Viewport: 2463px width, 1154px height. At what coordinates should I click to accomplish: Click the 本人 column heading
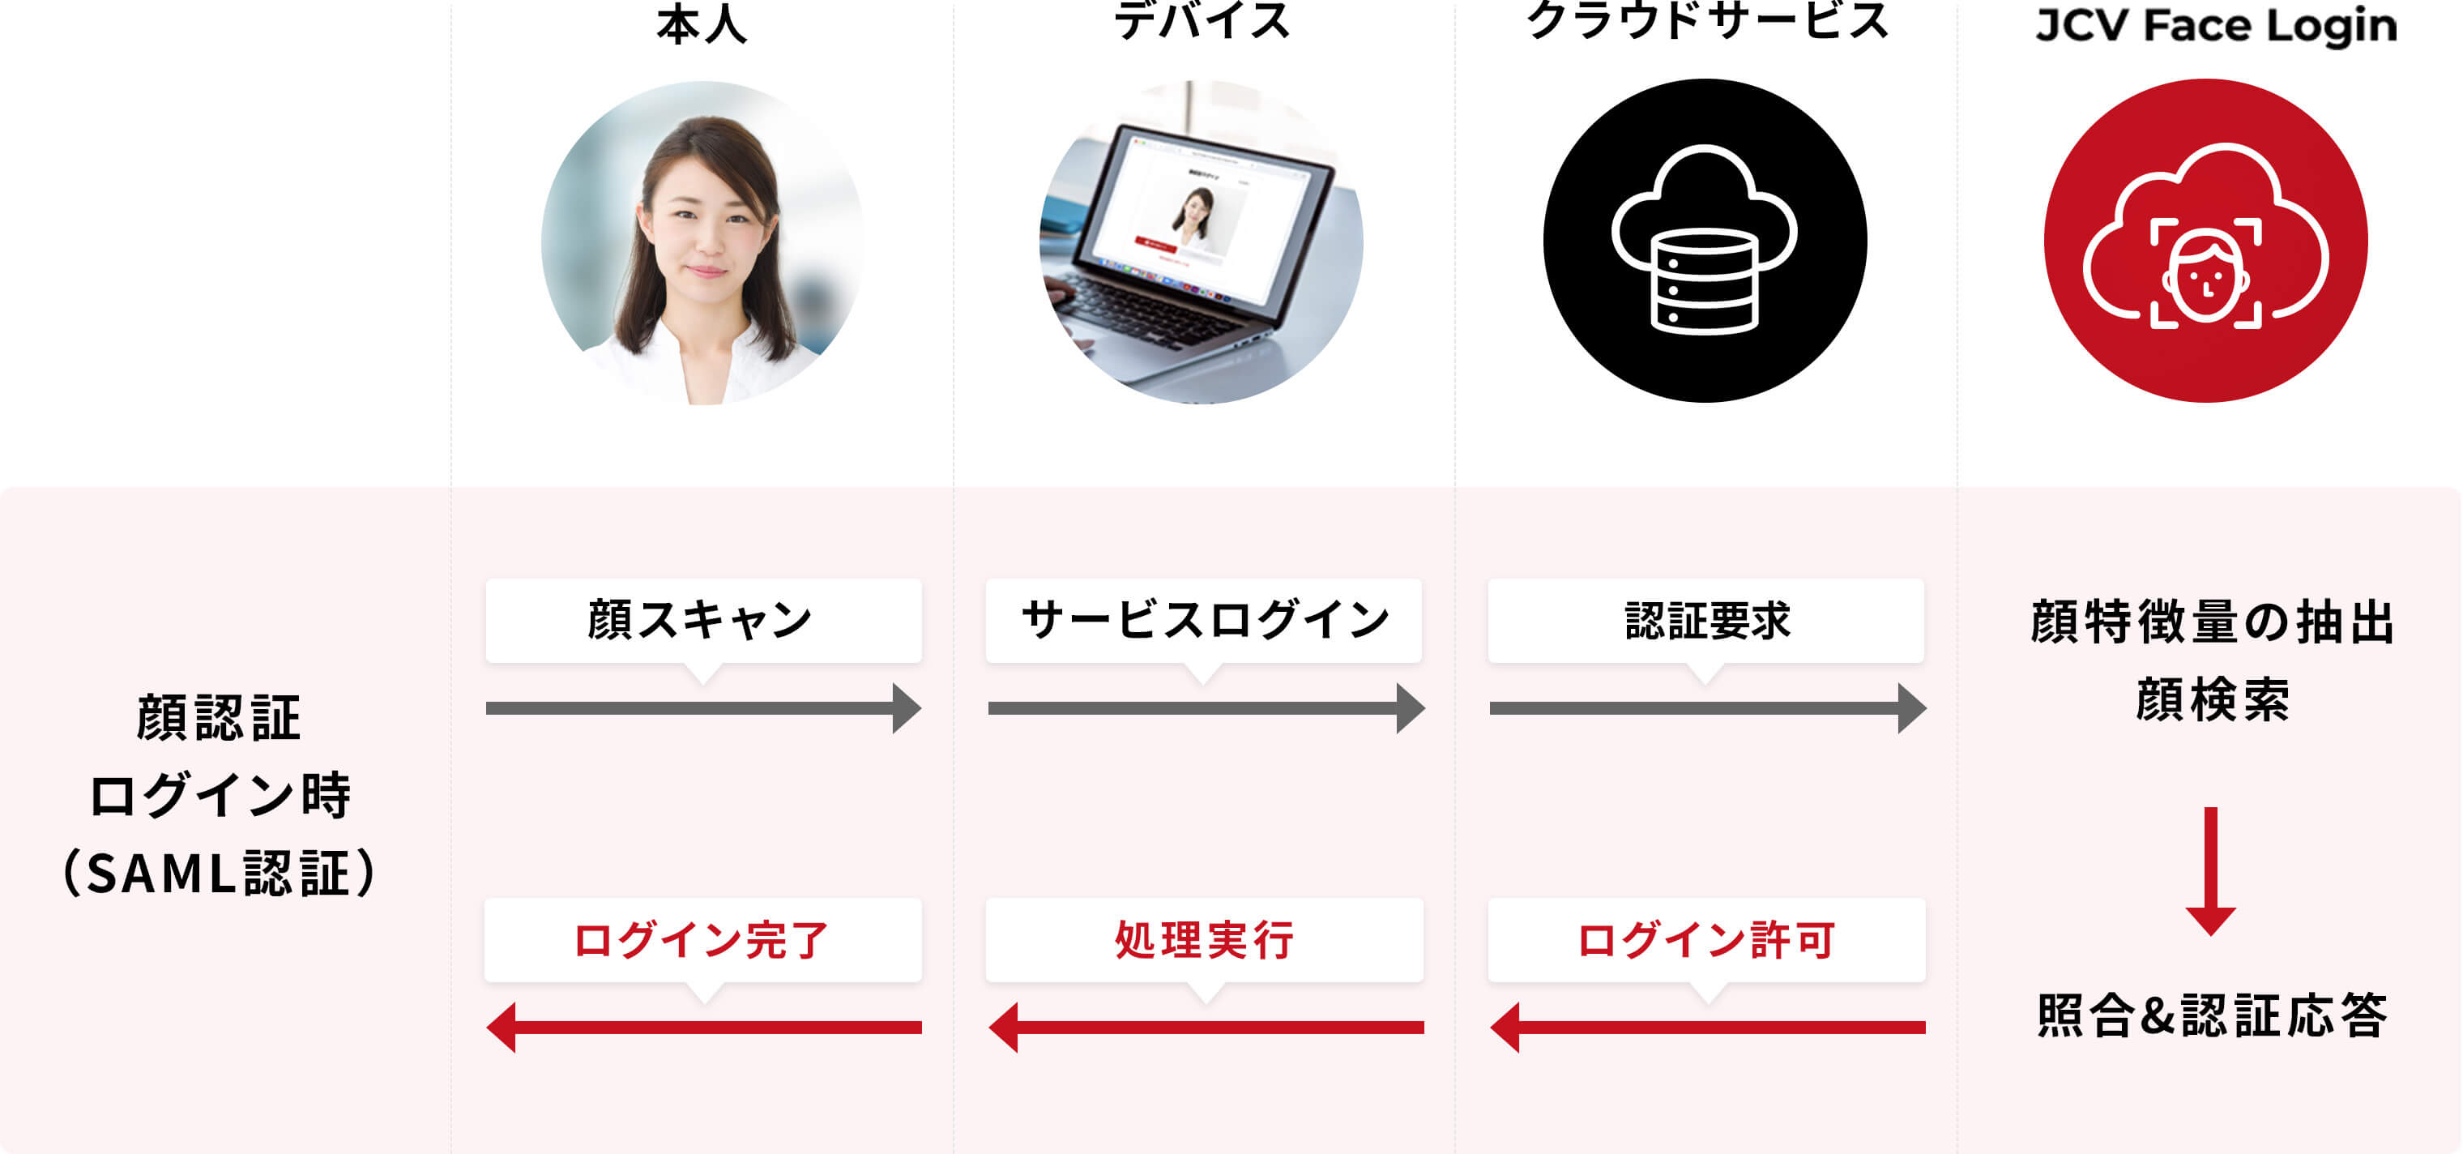pos(702,23)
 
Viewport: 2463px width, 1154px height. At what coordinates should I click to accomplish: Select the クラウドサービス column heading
pos(1707,20)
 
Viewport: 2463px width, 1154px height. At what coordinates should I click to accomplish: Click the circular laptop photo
pos(1202,241)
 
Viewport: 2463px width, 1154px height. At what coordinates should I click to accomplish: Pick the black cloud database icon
pos(1705,241)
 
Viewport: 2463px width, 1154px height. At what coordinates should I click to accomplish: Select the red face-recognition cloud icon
pos(2206,241)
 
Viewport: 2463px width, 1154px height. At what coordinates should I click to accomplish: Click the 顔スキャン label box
pos(704,621)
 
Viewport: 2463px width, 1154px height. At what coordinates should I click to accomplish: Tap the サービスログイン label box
pos(1204,621)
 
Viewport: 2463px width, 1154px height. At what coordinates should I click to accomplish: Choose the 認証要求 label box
pos(1705,621)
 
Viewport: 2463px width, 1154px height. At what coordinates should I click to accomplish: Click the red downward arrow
pos(2210,871)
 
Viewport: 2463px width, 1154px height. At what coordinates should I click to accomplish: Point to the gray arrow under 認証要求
pos(1708,708)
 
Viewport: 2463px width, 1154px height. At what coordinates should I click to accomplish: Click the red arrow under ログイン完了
pos(704,1028)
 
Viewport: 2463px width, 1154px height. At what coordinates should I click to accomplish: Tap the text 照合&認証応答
pos(2213,1015)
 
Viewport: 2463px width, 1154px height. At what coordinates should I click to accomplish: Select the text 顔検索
pos(2213,699)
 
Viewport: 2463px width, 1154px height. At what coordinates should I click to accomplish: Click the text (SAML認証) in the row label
pos(219,873)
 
